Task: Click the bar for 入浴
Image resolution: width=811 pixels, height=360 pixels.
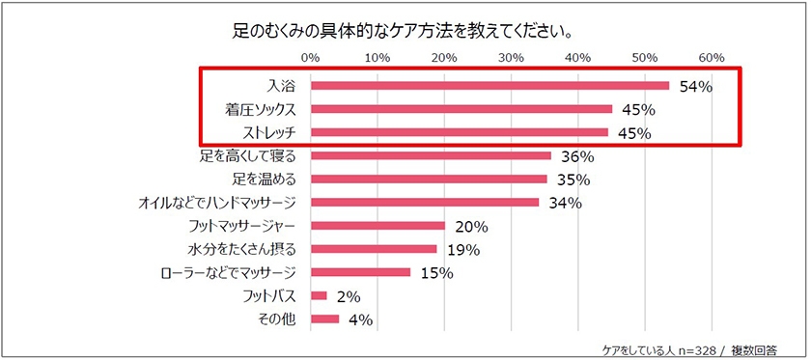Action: point(489,86)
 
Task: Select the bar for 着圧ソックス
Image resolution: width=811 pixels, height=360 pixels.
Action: point(461,109)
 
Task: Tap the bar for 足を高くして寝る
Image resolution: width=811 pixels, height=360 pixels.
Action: point(431,155)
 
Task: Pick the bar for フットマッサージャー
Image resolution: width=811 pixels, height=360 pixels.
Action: point(378,226)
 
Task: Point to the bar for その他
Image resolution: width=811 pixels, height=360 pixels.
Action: point(324,318)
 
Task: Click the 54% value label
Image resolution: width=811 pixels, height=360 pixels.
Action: point(695,87)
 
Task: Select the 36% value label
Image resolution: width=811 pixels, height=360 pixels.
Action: point(576,156)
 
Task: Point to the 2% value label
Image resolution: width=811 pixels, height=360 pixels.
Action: point(348,296)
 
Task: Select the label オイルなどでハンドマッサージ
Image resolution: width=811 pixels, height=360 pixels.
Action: point(218,203)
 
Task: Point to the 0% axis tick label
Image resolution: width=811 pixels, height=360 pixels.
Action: point(310,56)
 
